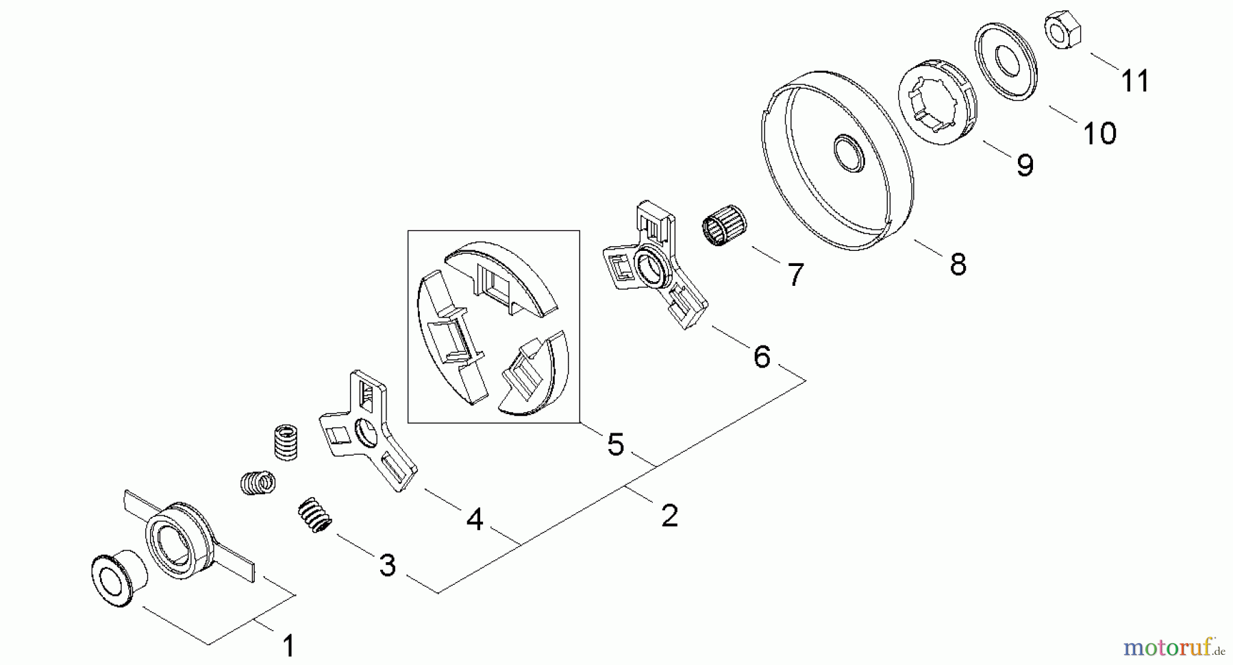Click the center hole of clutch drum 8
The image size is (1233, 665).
(x=849, y=152)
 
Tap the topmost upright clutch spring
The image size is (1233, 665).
(x=285, y=441)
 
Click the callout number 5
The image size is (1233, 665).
(x=616, y=445)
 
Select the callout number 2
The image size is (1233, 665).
(x=669, y=515)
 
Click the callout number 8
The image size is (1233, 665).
(x=958, y=264)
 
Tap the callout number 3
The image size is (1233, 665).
(x=388, y=566)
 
